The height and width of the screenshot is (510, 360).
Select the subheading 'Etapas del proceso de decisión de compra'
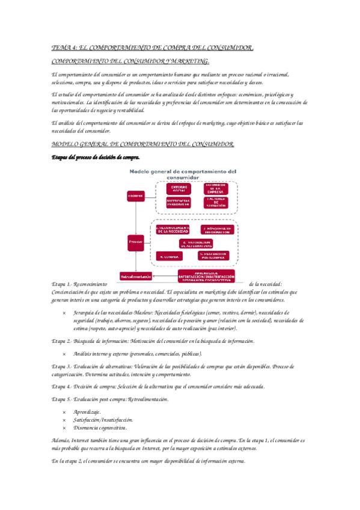[95, 158]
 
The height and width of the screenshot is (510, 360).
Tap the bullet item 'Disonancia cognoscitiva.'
[100, 427]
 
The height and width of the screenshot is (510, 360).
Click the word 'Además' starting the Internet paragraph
[61, 441]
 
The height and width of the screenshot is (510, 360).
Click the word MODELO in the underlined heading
[64, 146]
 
